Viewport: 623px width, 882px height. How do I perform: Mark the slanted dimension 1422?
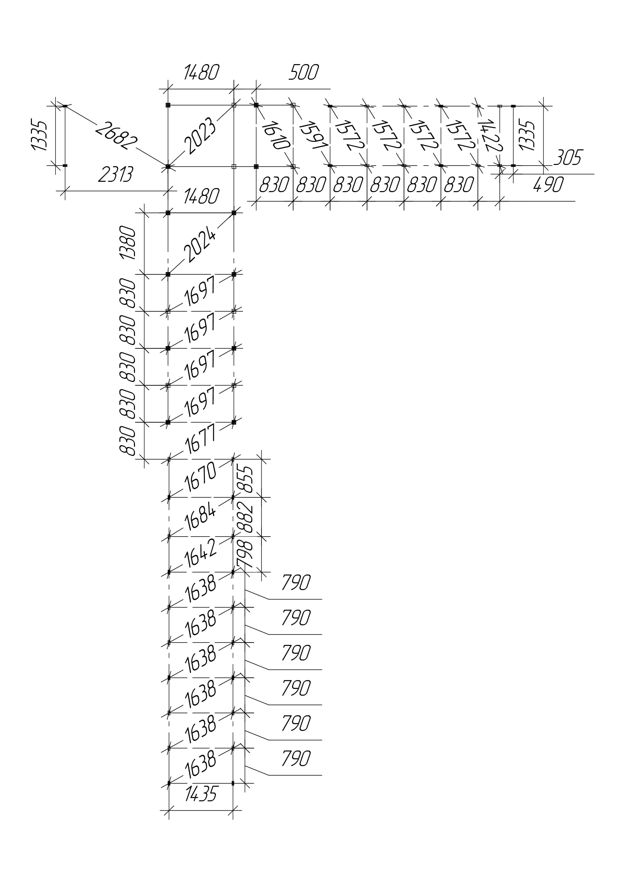(488, 135)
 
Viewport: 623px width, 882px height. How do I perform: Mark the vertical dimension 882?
(246, 517)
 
